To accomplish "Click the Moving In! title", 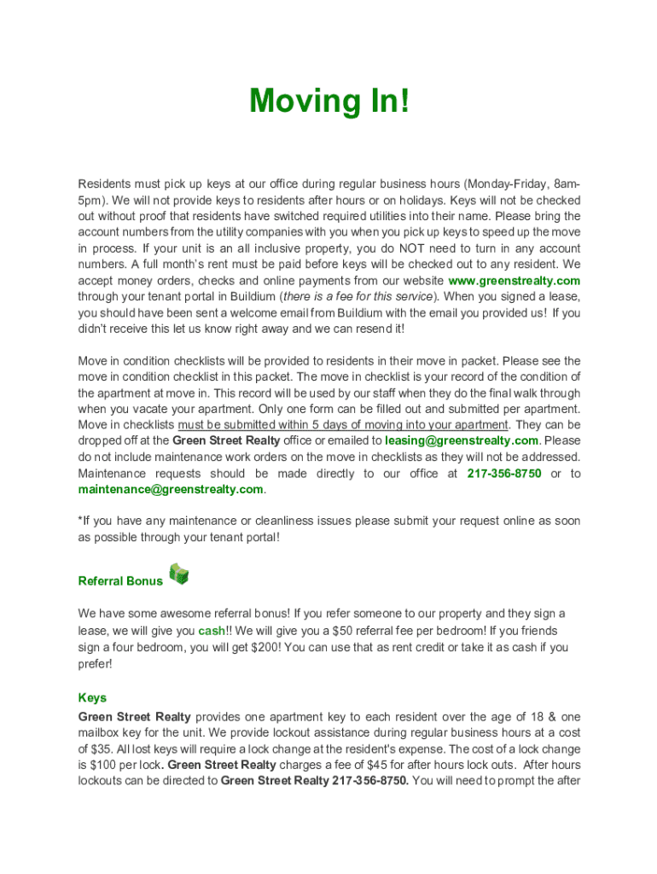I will (x=329, y=102).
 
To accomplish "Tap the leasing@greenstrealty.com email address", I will (x=462, y=440).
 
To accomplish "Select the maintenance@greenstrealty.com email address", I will (x=171, y=489).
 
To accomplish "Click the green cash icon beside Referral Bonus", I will (x=178, y=574).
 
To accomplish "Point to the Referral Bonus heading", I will (x=120, y=581).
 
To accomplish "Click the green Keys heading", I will (x=92, y=698).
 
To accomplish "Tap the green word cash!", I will (x=213, y=631).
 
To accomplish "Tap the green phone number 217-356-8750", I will (x=504, y=473).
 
